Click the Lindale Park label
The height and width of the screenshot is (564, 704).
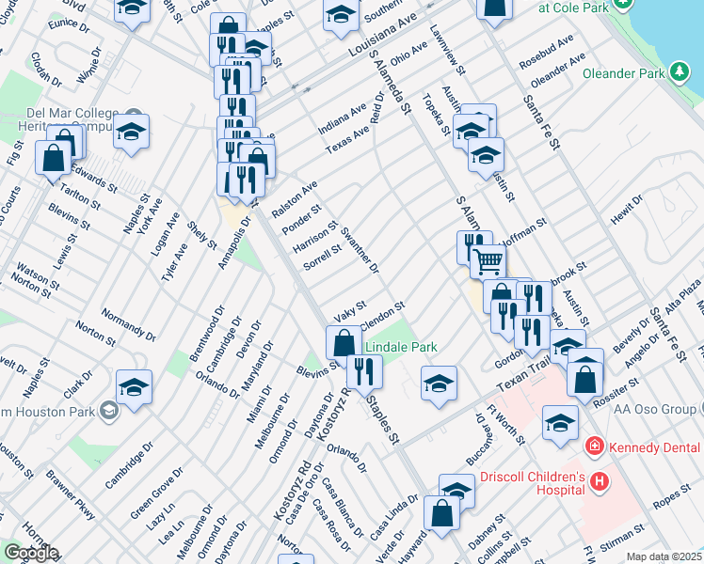click(401, 347)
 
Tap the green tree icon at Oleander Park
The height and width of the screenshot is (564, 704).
click(679, 71)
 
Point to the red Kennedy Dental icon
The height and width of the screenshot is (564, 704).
click(594, 445)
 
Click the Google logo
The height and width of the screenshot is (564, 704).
click(30, 553)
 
